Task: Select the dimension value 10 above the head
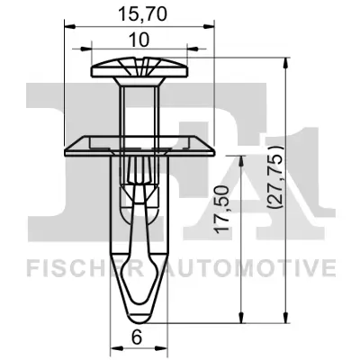[140, 41]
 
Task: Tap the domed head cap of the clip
[140, 68]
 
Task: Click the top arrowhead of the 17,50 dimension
[241, 155]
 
